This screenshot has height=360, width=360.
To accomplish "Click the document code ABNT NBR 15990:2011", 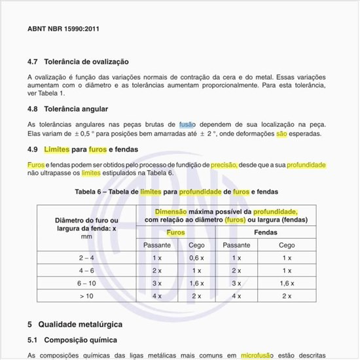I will pos(63,29).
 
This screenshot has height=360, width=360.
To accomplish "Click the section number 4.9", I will pos(33,149).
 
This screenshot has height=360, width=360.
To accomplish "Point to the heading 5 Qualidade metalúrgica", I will pos(75,324).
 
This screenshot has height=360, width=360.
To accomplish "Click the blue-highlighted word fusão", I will pos(187,124).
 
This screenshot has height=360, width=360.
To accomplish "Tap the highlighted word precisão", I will pos(224,164).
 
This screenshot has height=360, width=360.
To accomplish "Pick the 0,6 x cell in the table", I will pos(197,258).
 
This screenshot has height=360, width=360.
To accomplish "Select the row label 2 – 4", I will pos(86,258).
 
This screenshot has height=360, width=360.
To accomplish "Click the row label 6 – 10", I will pos(86,283).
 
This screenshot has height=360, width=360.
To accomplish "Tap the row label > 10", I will pos(86,296).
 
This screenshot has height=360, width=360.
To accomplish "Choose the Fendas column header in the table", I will pos(264,232).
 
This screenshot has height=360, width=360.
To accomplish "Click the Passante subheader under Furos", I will pos(157,245).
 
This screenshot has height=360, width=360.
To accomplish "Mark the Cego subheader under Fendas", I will pos(286,245).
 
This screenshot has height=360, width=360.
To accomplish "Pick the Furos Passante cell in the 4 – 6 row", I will pos(157,270).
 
